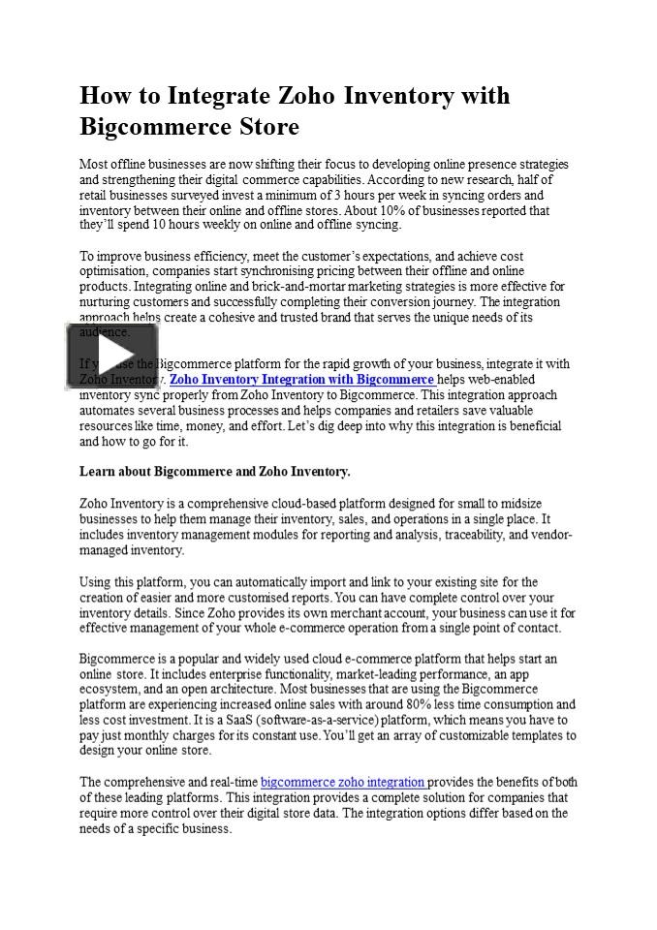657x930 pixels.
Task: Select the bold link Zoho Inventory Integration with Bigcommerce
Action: [x=302, y=380]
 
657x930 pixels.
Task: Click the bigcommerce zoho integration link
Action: [x=343, y=782]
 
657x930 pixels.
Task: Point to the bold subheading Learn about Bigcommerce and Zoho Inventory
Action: [x=214, y=472]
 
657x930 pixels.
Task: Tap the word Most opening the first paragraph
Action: [x=93, y=164]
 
